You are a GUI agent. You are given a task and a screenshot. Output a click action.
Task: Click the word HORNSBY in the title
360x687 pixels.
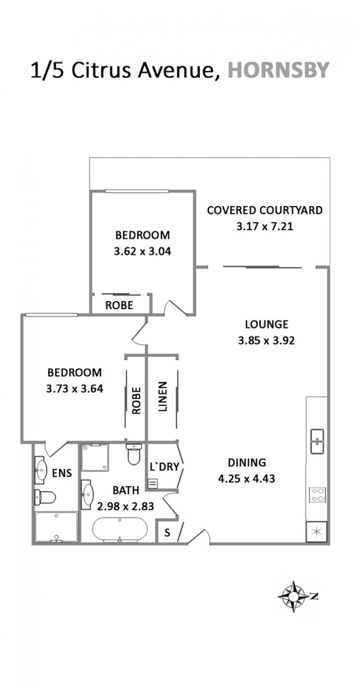279,70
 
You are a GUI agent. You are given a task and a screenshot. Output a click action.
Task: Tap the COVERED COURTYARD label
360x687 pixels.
265,210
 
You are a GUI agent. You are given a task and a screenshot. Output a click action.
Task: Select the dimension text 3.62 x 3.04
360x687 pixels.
143,252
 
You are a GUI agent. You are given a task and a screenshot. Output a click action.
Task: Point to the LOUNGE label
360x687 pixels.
266,324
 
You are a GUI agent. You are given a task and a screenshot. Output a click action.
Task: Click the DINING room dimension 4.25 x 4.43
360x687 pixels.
247,479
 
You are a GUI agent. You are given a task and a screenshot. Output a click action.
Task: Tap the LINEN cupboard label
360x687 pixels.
162,396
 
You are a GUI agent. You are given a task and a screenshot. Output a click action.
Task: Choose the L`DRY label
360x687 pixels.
164,466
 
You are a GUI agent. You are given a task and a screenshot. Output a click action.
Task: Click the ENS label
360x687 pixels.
62,473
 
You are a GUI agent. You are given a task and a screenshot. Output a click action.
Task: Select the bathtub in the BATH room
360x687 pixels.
120,529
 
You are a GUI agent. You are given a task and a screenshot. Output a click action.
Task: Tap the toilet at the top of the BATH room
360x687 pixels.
134,454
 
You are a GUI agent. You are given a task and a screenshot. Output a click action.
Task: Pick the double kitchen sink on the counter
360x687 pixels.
317,441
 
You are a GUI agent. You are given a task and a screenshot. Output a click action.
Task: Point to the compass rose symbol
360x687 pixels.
294,597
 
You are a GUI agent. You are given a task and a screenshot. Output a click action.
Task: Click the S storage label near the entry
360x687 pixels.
167,533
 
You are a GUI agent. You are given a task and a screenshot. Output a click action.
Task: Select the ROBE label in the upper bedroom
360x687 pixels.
119,305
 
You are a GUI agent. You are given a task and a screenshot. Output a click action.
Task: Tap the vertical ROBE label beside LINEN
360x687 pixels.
136,401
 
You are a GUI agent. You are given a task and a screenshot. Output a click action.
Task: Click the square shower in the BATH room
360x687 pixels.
95,457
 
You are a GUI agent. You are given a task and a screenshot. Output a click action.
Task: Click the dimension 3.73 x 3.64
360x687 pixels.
75,389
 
